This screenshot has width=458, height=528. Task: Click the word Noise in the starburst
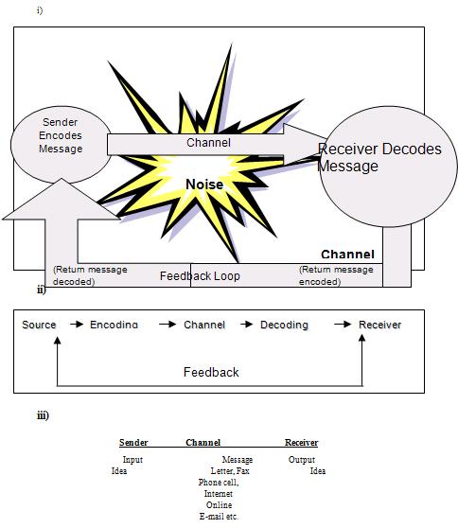pyautogui.click(x=203, y=185)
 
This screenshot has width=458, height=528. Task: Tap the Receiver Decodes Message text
pyautogui.click(x=379, y=157)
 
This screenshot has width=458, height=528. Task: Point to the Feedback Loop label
pyautogui.click(x=200, y=276)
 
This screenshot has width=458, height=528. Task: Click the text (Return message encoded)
pyautogui.click(x=336, y=275)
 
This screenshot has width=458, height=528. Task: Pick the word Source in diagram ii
pyautogui.click(x=39, y=325)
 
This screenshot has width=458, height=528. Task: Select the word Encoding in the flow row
pyautogui.click(x=114, y=325)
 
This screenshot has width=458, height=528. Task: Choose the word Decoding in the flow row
pyautogui.click(x=284, y=325)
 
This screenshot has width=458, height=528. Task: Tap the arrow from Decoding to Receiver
pyautogui.click(x=342, y=325)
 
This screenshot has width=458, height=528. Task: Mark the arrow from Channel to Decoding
pyautogui.click(x=243, y=325)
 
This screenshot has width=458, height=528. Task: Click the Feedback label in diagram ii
pyautogui.click(x=211, y=372)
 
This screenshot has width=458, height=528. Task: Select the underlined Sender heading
pyautogui.click(x=133, y=442)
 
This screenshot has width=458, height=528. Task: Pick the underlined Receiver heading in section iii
pyautogui.click(x=301, y=442)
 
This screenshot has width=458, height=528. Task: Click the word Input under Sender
pyautogui.click(x=132, y=460)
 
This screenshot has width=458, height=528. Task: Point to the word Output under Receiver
pyautogui.click(x=302, y=460)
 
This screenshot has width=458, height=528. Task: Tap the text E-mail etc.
pyautogui.click(x=220, y=517)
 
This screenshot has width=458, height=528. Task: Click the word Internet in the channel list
pyautogui.click(x=218, y=494)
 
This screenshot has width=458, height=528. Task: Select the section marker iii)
pyautogui.click(x=43, y=415)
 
